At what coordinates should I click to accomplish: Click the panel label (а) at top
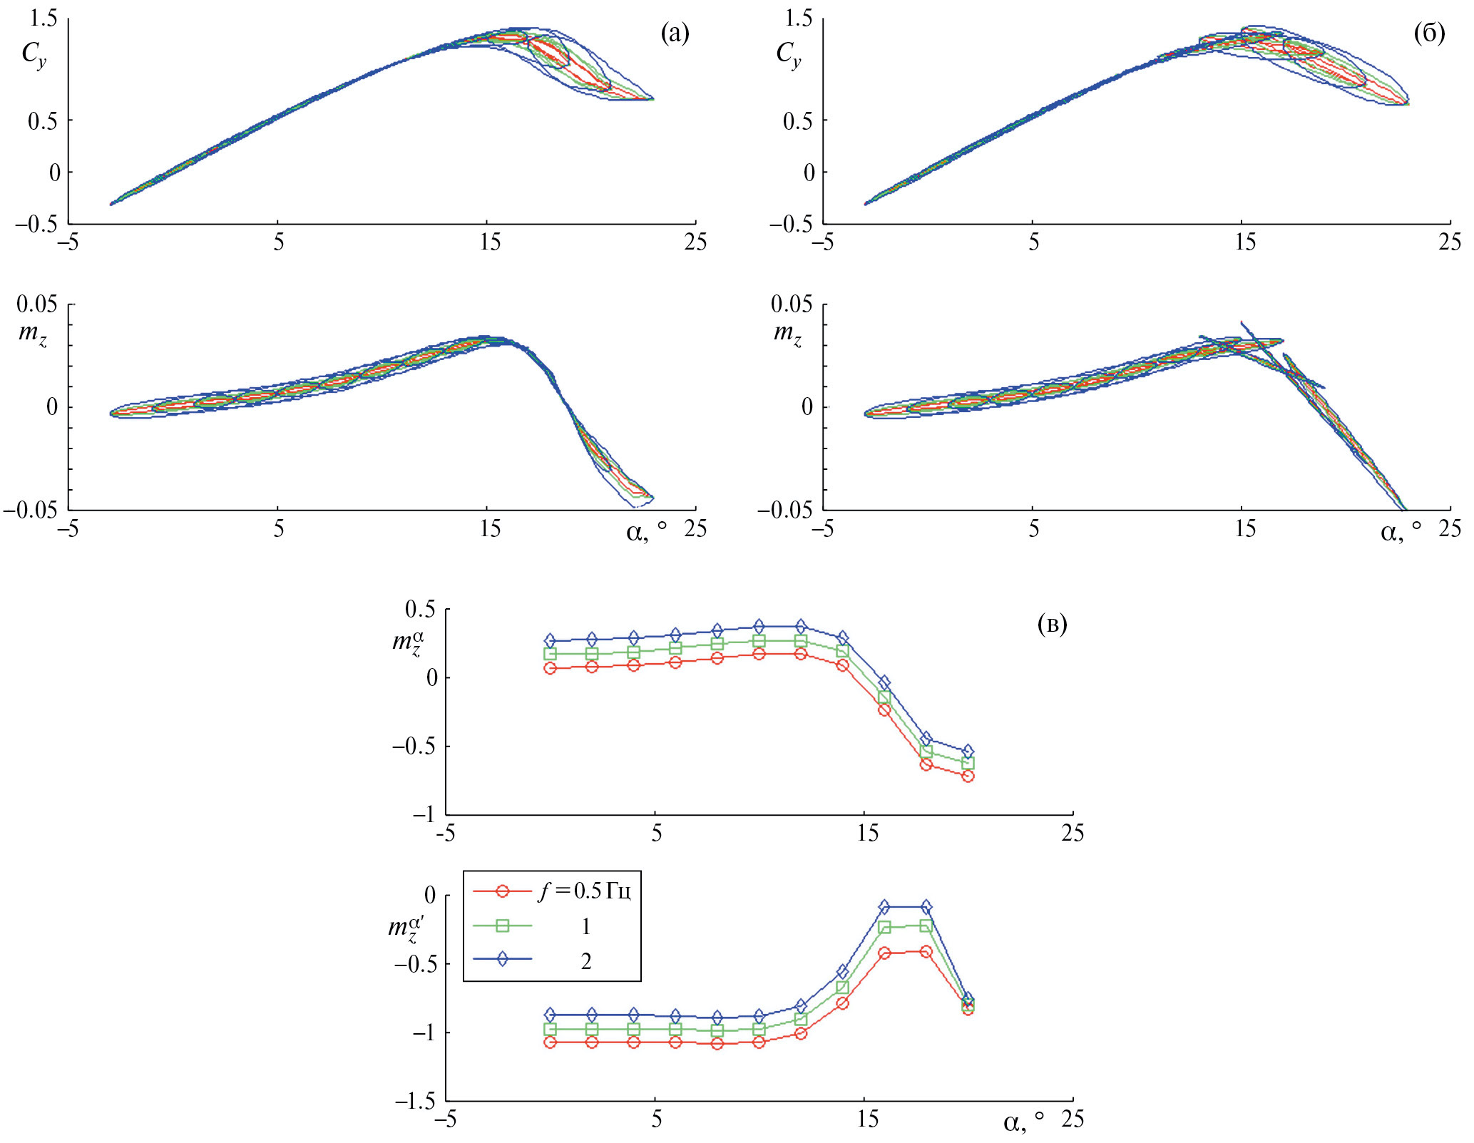tap(675, 33)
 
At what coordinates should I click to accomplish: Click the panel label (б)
tap(1429, 33)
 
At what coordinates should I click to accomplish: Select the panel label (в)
tap(1052, 625)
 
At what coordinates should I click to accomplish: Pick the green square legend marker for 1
tap(502, 926)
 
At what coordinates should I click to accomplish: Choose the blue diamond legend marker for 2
tap(502, 959)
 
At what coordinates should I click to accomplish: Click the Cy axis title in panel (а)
tap(34, 54)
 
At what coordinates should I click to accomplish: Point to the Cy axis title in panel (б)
tap(788, 54)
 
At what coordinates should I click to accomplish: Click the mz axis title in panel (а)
tap(33, 334)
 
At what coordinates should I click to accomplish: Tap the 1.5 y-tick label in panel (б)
tap(798, 18)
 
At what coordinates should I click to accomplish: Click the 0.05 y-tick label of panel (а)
tap(37, 304)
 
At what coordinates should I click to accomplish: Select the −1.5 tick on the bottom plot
tap(415, 1101)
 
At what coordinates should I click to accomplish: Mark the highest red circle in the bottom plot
tap(926, 951)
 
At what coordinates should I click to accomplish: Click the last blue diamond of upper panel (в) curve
tap(968, 752)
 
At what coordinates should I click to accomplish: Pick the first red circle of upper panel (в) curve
tap(550, 668)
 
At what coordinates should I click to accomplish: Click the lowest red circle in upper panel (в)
tap(968, 776)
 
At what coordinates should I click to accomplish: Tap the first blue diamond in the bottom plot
tap(550, 1015)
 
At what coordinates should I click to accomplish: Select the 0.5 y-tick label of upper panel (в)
tap(420, 609)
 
